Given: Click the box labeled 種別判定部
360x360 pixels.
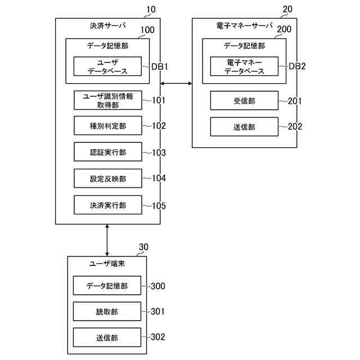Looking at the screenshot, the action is (x=108, y=125).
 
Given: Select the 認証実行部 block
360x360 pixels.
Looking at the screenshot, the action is (x=108, y=152).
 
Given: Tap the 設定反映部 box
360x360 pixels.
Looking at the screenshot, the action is (x=108, y=178).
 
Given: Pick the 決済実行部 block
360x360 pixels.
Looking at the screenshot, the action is (x=108, y=205).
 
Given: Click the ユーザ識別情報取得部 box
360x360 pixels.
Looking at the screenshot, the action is (x=108, y=100).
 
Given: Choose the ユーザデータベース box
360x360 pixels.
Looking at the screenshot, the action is (x=107, y=66).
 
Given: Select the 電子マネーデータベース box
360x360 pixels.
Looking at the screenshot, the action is (x=244, y=66).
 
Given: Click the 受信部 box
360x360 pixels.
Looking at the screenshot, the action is (x=244, y=101).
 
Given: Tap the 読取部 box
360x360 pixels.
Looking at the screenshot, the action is (x=107, y=311).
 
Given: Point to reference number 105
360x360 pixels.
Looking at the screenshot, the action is (x=159, y=206).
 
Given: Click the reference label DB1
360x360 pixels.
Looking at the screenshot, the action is (x=160, y=66).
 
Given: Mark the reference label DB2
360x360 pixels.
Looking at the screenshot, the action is (x=297, y=66).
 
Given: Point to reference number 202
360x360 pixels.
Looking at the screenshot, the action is (x=295, y=127).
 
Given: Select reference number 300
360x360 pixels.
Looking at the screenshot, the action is (x=158, y=286).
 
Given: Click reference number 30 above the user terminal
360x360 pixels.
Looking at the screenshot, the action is (x=144, y=247).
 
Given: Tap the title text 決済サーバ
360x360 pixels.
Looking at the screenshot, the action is (x=107, y=26).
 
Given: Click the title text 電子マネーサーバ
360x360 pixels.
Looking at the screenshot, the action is (x=245, y=25).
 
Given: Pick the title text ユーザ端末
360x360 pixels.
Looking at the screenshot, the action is (x=107, y=263).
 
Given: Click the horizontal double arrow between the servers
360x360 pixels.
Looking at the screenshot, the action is (x=176, y=83).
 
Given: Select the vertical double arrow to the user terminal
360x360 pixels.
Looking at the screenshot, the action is (x=107, y=240).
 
